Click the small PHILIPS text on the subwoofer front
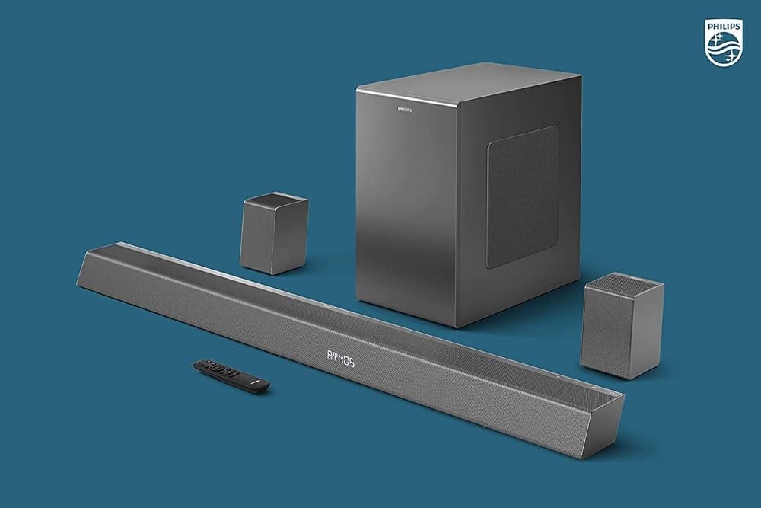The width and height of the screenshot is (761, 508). pyautogui.click(x=408, y=110)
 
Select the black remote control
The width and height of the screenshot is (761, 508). pyautogui.click(x=231, y=375)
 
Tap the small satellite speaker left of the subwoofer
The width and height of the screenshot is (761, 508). pyautogui.click(x=275, y=233)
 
